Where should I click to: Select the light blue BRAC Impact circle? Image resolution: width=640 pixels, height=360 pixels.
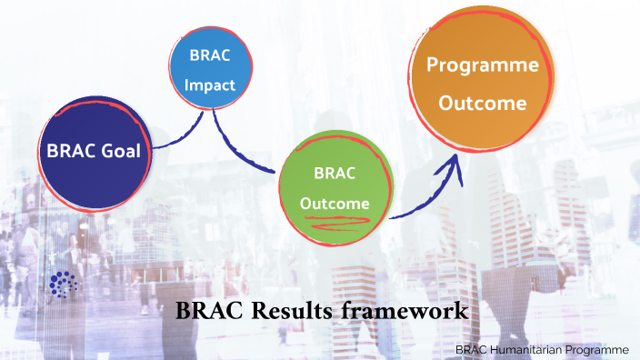[211, 70]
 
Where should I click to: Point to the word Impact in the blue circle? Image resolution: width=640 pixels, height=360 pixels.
[211, 86]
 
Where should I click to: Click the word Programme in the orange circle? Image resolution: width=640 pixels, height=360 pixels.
[482, 65]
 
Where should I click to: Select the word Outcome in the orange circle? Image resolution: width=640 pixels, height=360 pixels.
[482, 103]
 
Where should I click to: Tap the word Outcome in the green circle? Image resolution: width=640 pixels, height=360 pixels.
[335, 203]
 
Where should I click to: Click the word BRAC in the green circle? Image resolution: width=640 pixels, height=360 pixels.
[335, 173]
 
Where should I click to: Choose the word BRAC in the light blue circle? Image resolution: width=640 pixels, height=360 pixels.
[211, 55]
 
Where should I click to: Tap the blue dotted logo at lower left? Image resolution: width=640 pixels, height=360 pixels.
[63, 285]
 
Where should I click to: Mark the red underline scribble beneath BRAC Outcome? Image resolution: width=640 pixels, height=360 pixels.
[336, 217]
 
